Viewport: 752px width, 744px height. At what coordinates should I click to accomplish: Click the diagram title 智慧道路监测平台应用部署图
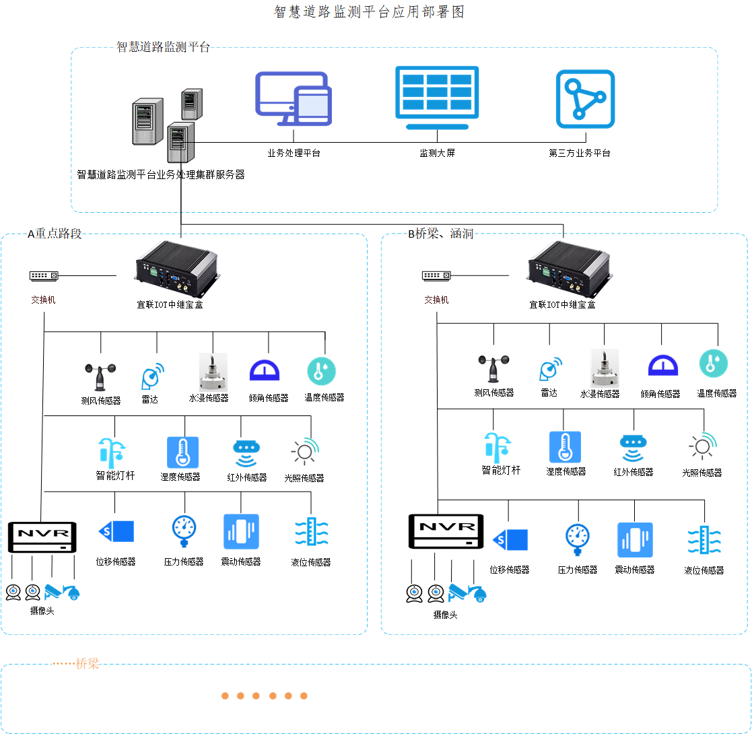[x=369, y=11]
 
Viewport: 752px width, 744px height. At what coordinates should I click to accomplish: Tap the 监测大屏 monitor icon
[x=437, y=98]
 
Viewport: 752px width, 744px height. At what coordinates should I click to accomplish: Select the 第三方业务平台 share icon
[x=585, y=99]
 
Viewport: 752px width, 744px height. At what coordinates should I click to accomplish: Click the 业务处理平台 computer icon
[x=294, y=98]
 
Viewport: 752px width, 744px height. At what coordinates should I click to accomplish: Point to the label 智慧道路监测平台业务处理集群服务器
[x=161, y=174]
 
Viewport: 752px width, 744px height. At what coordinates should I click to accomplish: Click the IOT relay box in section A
[x=178, y=269]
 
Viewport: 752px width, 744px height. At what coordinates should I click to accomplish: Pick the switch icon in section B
[x=436, y=275]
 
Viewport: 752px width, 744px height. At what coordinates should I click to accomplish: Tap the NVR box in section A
[x=42, y=537]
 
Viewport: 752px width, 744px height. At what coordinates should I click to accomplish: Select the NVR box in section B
[x=446, y=531]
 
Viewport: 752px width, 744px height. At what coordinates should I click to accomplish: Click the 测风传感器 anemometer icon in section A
[x=100, y=378]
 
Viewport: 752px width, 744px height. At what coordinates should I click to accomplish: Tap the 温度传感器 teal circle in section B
[x=713, y=364]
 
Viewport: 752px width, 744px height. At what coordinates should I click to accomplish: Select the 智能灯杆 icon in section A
[x=112, y=453]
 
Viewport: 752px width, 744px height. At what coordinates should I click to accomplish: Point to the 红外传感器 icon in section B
[x=633, y=448]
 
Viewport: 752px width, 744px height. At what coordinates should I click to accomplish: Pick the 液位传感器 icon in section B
[x=704, y=540]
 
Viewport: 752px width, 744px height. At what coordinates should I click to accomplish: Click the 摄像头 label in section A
[x=42, y=611]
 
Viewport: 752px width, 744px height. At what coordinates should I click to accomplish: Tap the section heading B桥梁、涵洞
[x=441, y=234]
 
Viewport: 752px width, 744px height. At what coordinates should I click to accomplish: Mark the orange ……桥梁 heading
[x=76, y=664]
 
